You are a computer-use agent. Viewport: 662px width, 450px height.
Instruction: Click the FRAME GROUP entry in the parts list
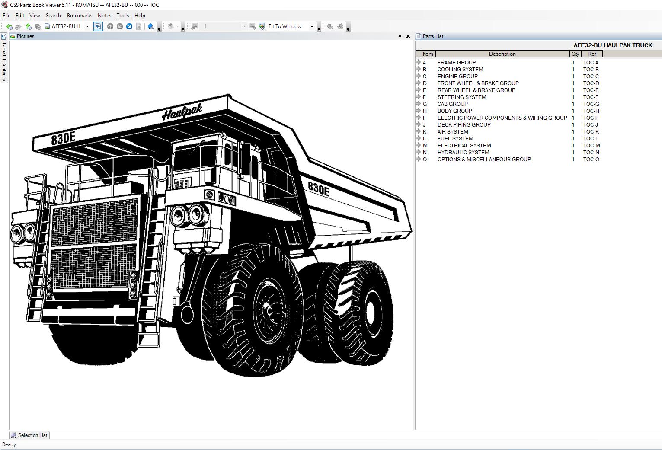(x=456, y=63)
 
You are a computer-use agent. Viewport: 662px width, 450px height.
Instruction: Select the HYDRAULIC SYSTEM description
(x=463, y=153)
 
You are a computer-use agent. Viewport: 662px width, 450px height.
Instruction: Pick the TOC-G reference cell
(x=591, y=104)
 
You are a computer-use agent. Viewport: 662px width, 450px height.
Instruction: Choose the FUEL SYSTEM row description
(x=455, y=139)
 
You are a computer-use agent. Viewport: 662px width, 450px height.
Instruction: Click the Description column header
(x=502, y=54)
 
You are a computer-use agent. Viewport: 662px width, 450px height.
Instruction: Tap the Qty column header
(x=575, y=54)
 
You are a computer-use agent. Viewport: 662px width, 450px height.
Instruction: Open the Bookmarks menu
(x=79, y=16)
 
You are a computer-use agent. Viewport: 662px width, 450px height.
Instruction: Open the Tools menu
(x=122, y=16)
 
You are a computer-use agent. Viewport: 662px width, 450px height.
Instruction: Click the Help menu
(x=140, y=16)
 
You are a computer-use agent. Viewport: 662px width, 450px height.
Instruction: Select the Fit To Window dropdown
(x=291, y=26)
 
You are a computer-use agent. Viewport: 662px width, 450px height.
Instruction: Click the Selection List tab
(x=29, y=435)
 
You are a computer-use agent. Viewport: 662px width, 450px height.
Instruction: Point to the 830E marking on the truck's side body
(x=319, y=188)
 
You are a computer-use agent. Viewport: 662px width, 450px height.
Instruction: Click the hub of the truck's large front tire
(x=269, y=310)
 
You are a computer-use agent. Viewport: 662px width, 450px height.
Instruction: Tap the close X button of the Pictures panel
(x=408, y=36)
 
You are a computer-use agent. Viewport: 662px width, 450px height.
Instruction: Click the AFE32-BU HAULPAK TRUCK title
(x=613, y=45)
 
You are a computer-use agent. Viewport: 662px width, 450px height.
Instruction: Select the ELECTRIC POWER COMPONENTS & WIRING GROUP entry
(x=502, y=118)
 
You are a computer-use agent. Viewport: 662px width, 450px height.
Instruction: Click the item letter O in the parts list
(x=425, y=160)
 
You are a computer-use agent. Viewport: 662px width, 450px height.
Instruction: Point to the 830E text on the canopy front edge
(x=63, y=139)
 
